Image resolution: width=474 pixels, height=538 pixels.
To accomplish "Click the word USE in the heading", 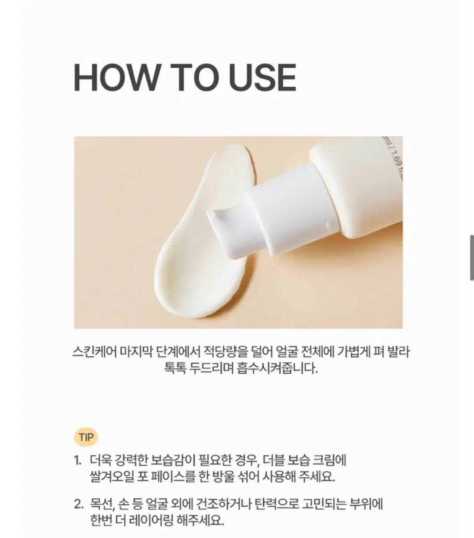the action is (x=263, y=78).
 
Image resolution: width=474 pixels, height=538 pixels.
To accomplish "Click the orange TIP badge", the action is (x=85, y=437).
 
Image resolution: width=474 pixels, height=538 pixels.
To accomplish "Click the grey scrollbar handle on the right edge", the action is (x=472, y=258).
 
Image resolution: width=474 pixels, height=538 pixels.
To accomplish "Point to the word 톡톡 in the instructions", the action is (x=175, y=369).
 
